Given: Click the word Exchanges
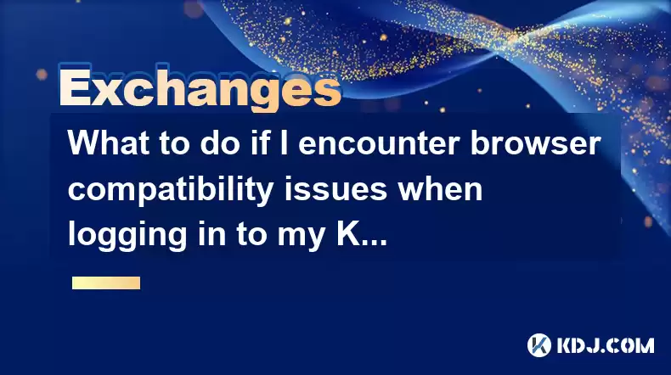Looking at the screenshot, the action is (200, 87).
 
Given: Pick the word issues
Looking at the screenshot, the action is (336, 189).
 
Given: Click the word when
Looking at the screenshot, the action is (439, 189).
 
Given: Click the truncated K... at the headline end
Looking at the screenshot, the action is (362, 234).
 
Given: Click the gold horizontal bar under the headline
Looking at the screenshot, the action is (106, 283).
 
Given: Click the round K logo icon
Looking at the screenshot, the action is (538, 345).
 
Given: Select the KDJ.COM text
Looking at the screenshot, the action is (605, 345).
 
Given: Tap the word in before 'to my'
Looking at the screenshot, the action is (211, 234).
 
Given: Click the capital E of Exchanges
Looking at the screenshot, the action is (76, 87).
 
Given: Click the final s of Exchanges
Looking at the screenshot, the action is (328, 92).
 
